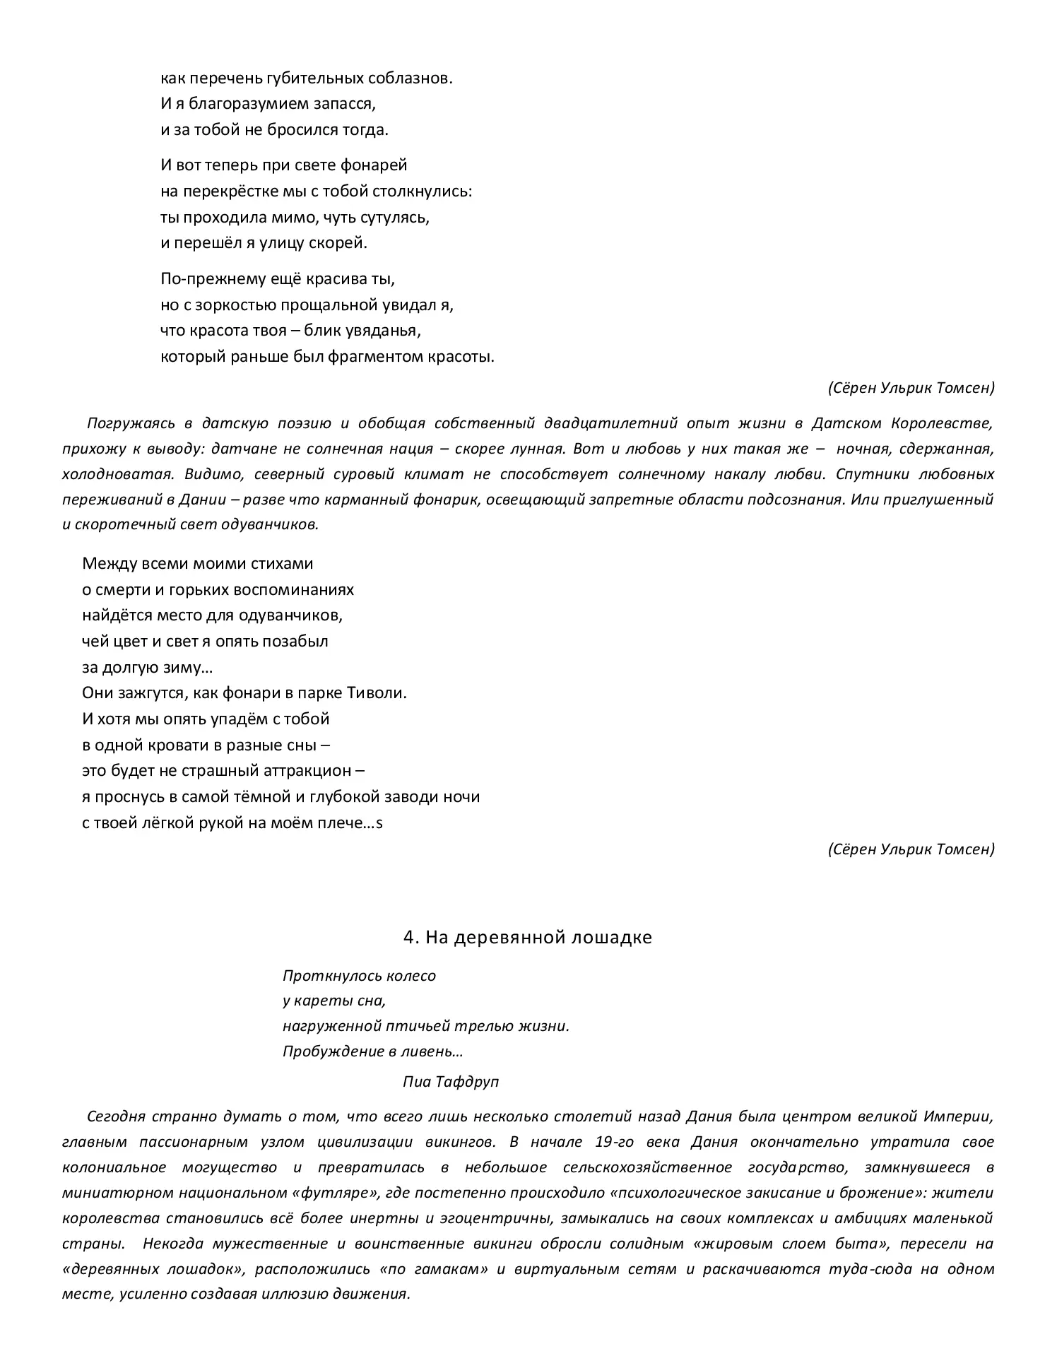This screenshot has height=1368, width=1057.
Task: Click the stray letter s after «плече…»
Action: [x=380, y=822]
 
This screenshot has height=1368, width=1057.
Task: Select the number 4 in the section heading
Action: [x=408, y=937]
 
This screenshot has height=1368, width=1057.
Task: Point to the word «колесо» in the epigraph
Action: [x=413, y=976]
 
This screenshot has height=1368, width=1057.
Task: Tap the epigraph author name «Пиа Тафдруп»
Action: [x=451, y=1081]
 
